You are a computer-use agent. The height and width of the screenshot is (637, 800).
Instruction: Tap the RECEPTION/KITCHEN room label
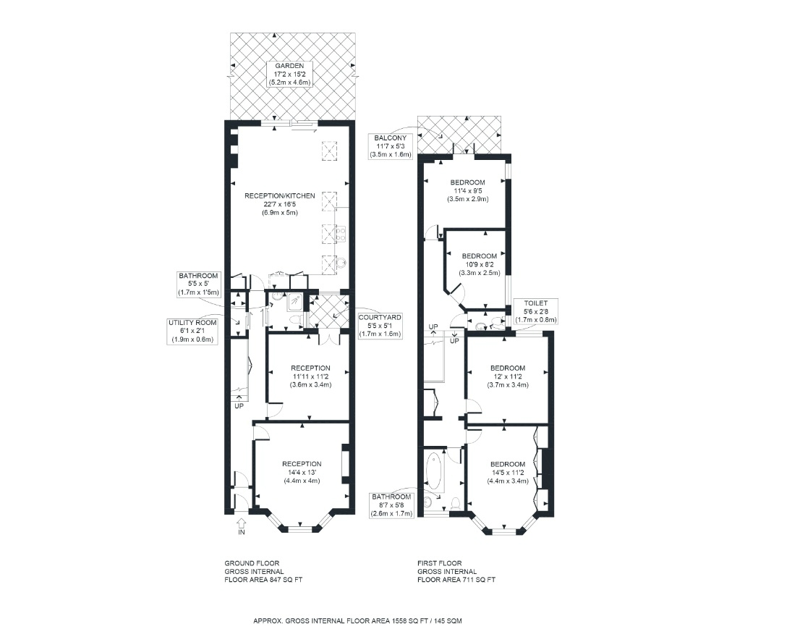click(280, 195)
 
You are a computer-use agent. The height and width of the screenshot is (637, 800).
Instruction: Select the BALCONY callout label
click(391, 146)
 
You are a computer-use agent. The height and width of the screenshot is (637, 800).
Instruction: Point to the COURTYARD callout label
click(380, 326)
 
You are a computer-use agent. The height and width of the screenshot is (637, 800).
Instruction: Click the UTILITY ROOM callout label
click(192, 331)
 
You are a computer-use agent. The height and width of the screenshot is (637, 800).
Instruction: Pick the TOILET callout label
click(535, 311)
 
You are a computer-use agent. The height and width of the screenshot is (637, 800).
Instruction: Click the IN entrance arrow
click(242, 523)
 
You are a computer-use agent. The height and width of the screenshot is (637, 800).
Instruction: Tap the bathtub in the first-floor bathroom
click(434, 471)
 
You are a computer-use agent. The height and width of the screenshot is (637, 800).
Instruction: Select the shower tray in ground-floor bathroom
click(294, 301)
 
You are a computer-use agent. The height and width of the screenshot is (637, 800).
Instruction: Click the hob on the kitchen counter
click(340, 235)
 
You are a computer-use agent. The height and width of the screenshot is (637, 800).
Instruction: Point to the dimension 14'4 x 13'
click(302, 472)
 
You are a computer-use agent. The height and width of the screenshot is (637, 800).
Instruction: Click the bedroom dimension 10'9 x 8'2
click(480, 264)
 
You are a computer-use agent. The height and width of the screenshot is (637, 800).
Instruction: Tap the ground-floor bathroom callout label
click(198, 284)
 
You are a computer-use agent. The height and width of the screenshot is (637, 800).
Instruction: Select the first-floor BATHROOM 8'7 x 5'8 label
click(391, 505)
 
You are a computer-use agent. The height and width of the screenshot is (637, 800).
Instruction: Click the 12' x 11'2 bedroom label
click(508, 376)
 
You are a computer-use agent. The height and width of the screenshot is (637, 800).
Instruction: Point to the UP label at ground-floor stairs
click(239, 406)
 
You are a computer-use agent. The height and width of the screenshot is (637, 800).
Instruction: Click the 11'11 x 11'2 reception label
click(310, 376)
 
